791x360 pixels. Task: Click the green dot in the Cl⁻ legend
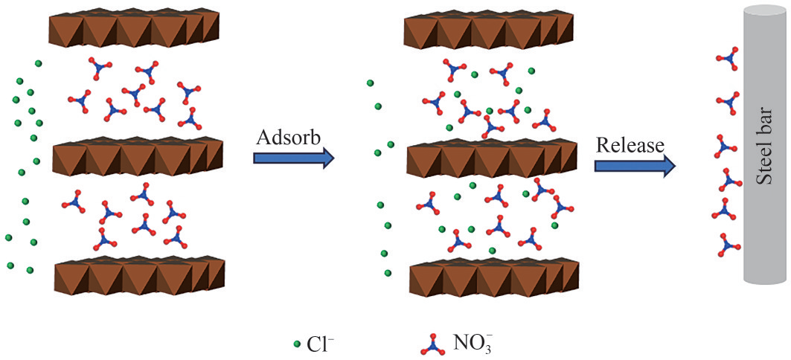click(x=298, y=344)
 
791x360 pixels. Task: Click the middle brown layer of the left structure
click(x=138, y=156)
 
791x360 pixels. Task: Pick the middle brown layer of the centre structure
click(x=491, y=157)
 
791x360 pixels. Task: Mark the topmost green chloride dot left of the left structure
click(x=38, y=63)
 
